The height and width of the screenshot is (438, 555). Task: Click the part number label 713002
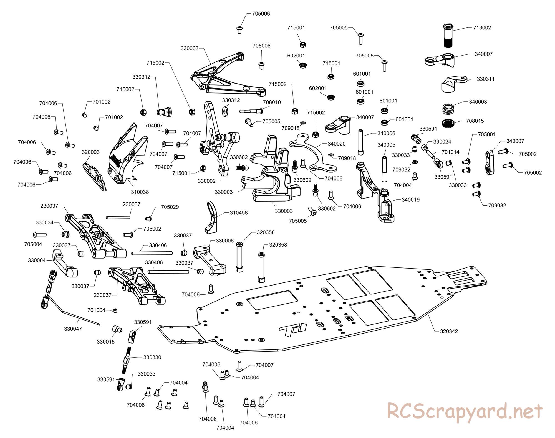click(482, 27)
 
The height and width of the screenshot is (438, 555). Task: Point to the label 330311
click(486, 79)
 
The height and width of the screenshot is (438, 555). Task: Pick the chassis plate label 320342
click(449, 331)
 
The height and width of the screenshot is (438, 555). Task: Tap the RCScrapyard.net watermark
click(465, 411)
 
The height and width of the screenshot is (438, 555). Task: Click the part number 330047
click(73, 329)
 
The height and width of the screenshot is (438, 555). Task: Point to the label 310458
click(239, 213)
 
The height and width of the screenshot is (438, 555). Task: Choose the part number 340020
click(337, 144)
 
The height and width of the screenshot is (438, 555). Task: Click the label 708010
click(272, 102)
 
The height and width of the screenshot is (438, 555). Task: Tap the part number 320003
click(90, 152)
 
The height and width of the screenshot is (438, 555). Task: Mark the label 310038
click(140, 192)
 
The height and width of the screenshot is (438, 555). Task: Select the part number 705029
click(170, 207)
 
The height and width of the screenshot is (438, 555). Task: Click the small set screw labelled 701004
click(115, 310)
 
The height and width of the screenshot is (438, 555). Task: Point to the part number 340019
click(411, 199)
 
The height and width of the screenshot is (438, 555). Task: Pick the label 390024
click(442, 142)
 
